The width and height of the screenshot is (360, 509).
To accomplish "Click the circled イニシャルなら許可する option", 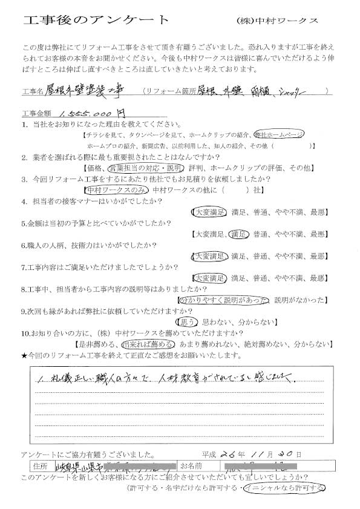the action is pyautogui.click(x=282, y=488).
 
